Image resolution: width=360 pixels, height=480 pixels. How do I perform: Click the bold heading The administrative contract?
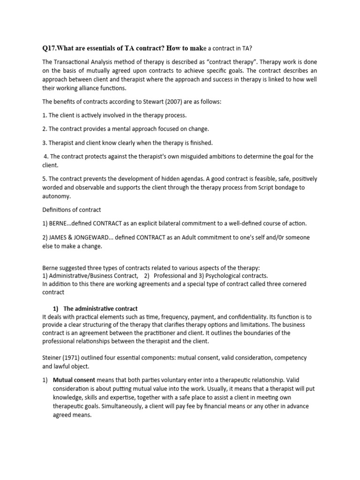point(100,308)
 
